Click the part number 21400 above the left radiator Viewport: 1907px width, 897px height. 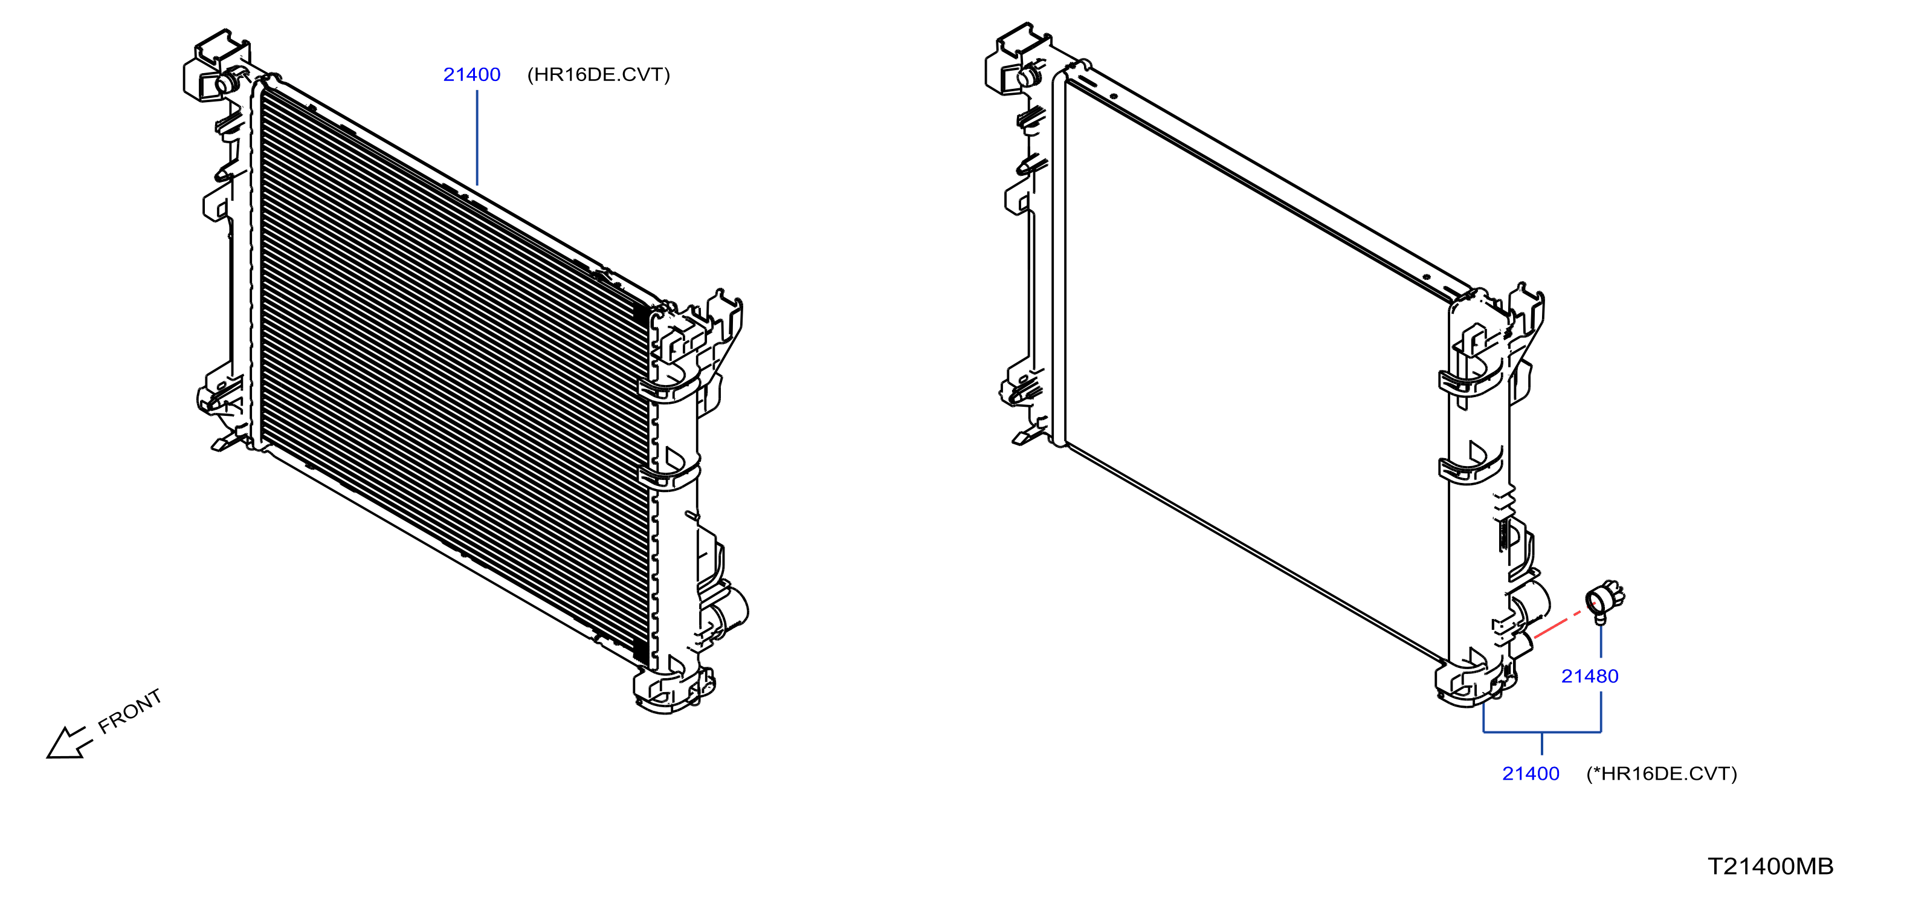tap(471, 75)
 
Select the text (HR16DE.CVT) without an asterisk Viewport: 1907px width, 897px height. tap(598, 75)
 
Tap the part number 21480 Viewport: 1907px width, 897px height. tap(1589, 676)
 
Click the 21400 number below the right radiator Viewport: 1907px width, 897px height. tap(1530, 774)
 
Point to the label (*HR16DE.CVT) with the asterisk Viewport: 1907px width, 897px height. tap(1661, 774)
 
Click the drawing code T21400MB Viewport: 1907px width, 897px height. tap(1770, 866)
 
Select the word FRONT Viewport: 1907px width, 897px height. tap(129, 712)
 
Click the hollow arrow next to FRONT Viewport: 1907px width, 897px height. tap(69, 743)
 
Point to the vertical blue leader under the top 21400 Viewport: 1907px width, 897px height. tap(477, 138)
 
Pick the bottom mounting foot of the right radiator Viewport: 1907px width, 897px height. tap(1473, 685)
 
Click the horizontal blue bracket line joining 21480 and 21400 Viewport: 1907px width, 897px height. tap(1542, 732)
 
